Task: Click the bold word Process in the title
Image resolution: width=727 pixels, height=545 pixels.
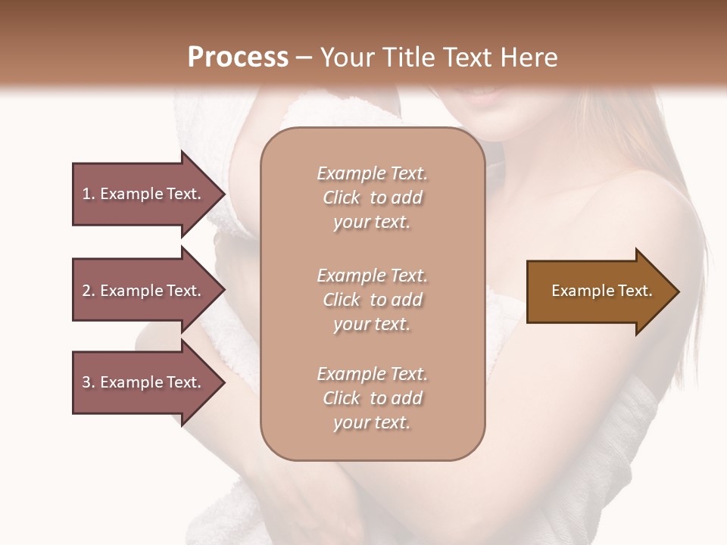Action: (238, 58)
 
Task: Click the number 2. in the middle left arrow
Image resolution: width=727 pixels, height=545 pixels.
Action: (89, 291)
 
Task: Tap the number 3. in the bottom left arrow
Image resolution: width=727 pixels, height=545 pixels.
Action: (89, 382)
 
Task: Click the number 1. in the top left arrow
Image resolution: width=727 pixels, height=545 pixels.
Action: (89, 194)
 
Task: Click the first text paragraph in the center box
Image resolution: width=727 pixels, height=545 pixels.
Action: (372, 198)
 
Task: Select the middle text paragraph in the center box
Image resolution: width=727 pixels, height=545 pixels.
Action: (372, 300)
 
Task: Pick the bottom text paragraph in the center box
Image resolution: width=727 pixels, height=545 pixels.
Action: (372, 398)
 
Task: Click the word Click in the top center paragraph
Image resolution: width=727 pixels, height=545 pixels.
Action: (341, 198)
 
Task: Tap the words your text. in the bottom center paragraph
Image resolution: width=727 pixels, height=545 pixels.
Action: (372, 422)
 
